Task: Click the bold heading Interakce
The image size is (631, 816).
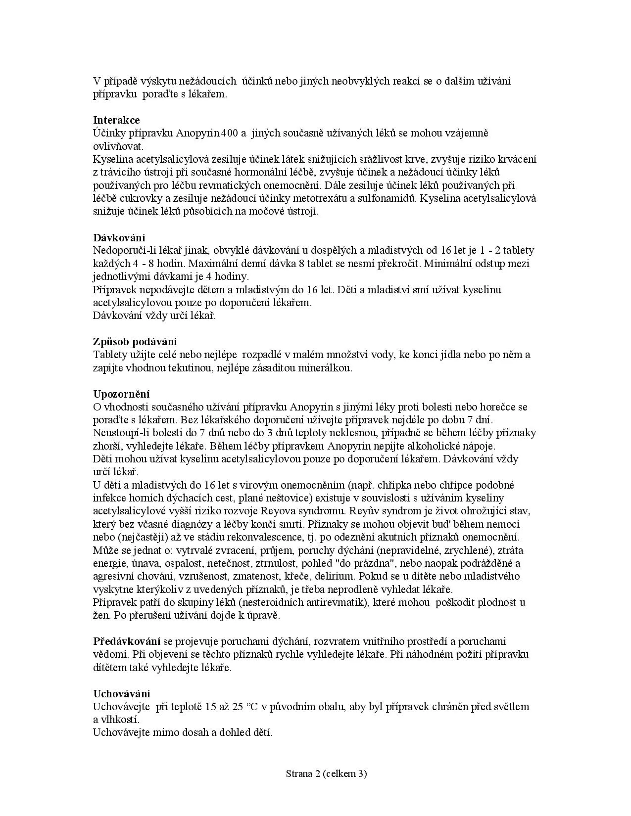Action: pos(116,120)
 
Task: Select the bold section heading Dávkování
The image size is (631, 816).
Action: pos(119,238)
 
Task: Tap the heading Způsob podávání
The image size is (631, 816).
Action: pos(135,342)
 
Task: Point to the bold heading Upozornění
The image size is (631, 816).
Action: pos(121,394)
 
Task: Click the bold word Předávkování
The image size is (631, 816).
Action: pos(126,641)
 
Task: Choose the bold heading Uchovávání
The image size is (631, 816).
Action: pos(121,694)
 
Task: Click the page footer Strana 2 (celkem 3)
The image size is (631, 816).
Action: pos(326,774)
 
